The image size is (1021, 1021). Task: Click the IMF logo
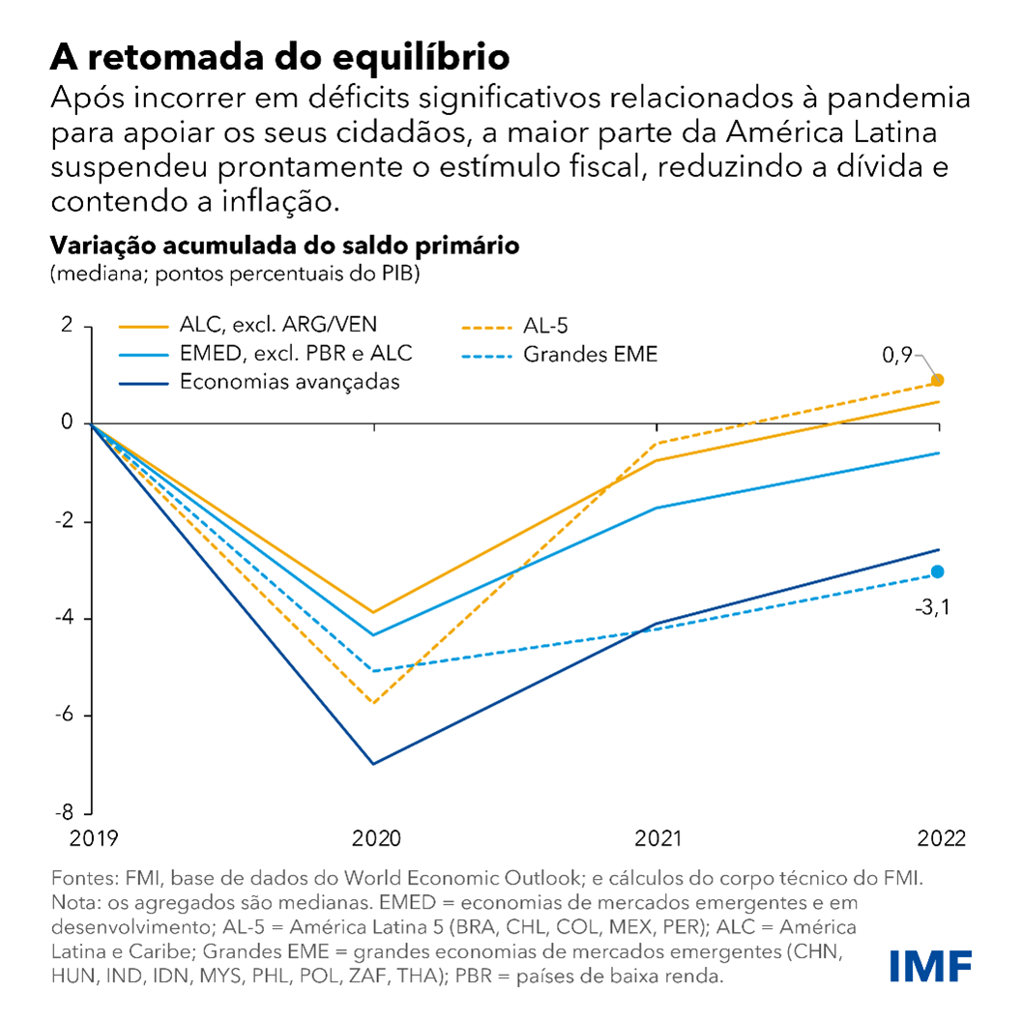click(930, 965)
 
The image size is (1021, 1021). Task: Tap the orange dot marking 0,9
click(937, 381)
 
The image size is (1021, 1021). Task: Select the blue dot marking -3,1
click(937, 571)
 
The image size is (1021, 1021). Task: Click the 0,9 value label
click(897, 356)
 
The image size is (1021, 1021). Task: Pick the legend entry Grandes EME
click(590, 354)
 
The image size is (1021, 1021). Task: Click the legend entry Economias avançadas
click(289, 382)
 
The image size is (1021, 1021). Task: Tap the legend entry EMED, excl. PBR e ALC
click(296, 354)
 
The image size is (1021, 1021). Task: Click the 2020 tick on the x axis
click(373, 837)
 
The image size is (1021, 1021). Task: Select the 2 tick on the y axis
click(67, 325)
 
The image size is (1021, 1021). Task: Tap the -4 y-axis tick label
click(65, 618)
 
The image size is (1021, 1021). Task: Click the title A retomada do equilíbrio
click(279, 56)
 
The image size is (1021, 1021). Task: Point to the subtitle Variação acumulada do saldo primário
click(285, 246)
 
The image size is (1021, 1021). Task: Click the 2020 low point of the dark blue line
click(373, 764)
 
